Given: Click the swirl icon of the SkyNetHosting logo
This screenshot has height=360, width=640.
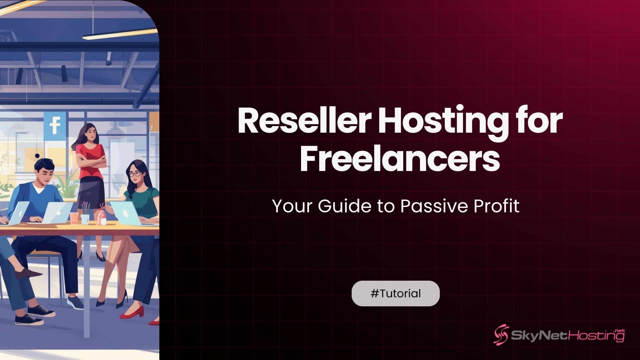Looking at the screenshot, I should point(501,335).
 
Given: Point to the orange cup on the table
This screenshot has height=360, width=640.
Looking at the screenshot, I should point(74,218).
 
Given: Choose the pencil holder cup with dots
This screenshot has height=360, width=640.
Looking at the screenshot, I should point(85,218).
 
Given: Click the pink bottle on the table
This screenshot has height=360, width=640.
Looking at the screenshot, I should point(102,218).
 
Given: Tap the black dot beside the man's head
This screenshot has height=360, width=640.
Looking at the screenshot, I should point(37,156).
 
